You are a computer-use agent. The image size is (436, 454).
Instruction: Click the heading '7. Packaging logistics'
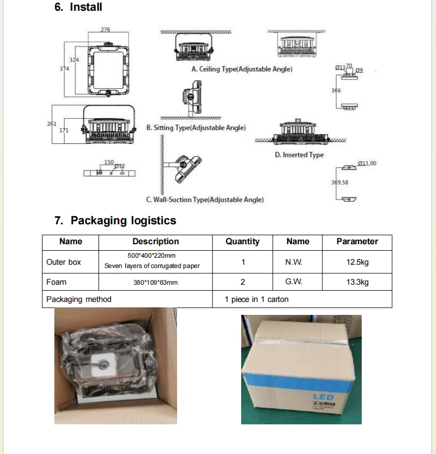point(116,221)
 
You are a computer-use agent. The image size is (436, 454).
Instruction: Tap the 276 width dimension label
point(106,30)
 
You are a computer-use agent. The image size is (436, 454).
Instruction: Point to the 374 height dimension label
point(64,69)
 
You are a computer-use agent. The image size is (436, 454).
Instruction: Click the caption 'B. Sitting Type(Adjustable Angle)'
point(196,128)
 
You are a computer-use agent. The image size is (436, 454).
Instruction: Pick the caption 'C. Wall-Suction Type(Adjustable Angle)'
point(205,200)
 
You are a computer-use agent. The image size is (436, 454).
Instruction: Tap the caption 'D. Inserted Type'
point(299,155)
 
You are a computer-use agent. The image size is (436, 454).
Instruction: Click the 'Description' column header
point(156,242)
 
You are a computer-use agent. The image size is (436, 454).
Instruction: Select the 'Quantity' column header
point(242,242)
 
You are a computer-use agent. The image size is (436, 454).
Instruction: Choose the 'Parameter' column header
point(357,242)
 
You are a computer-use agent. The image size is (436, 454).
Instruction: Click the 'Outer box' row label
point(64,262)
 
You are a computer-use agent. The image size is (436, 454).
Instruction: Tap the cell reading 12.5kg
point(357,262)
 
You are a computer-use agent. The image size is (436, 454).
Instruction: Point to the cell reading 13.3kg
point(357,282)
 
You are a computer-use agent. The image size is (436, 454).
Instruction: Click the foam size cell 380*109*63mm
point(156,283)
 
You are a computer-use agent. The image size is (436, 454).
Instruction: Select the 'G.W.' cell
point(294,282)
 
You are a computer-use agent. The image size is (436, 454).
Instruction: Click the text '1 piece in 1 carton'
point(257,299)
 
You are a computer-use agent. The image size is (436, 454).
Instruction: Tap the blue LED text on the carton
point(323,397)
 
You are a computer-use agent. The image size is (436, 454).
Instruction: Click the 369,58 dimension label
point(340,182)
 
